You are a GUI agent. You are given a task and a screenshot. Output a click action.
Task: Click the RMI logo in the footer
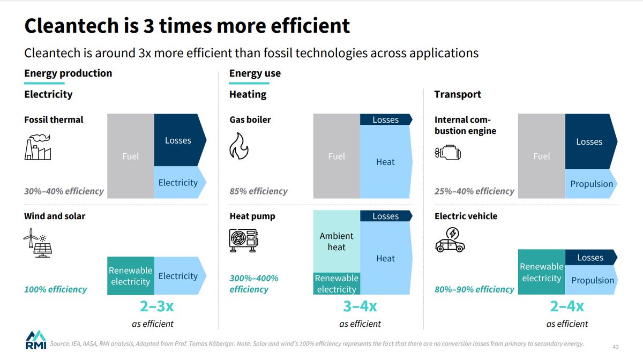coord(36,341)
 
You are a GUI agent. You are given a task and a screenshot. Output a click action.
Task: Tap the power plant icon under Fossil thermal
coord(38,147)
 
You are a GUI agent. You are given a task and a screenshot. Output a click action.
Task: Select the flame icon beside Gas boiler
coord(238,146)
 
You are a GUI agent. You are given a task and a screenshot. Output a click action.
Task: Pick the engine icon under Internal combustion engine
coord(447,154)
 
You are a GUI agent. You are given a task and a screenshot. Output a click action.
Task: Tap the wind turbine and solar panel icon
coord(38,243)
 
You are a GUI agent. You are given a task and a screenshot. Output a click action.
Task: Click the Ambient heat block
coord(337,242)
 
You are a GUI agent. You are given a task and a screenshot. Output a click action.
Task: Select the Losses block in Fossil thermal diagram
coord(178,140)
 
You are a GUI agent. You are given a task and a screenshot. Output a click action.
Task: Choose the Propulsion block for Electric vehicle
coord(592,280)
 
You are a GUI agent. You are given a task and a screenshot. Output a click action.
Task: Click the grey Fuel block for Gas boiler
coord(337,156)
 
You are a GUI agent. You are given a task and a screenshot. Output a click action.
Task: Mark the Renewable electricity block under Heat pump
coord(337,284)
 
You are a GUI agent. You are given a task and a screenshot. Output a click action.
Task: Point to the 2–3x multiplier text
coord(153,307)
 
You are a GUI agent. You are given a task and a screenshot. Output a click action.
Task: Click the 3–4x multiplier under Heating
coord(360,307)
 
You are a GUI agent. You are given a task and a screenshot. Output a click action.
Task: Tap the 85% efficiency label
coord(258,191)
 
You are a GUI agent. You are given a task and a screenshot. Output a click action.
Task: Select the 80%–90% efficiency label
coord(474,289)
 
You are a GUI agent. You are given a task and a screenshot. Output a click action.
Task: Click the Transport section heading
coord(458,94)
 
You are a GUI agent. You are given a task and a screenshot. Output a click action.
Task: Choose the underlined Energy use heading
coord(255,73)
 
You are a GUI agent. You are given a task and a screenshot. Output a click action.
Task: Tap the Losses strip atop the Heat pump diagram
coord(386,216)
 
